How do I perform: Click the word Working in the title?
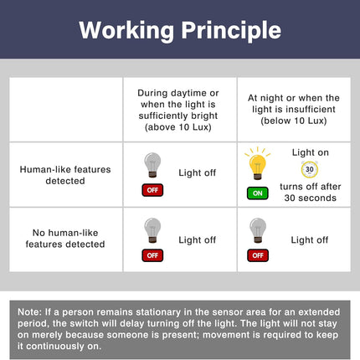coord(126,31)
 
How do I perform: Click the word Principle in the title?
coord(231,31)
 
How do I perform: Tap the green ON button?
coord(258,193)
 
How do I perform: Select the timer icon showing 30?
coord(310,169)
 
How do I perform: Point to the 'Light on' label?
coord(311,152)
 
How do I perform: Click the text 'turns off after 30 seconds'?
coord(311,193)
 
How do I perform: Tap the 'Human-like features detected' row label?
coord(65,175)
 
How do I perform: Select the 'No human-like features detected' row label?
coord(65,239)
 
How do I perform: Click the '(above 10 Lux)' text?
coord(178,127)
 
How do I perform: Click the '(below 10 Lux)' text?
coord(294,121)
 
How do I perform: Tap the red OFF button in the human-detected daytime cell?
coord(152,190)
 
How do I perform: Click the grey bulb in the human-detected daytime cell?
coord(152,165)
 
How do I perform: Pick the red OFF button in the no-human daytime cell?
coord(152,255)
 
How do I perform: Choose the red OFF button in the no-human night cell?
coord(258,255)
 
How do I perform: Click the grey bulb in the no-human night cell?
coord(258,230)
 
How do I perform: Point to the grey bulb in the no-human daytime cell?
coord(152,230)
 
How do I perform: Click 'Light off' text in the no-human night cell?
coord(310,240)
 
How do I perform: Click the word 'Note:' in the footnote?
coord(29,312)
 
